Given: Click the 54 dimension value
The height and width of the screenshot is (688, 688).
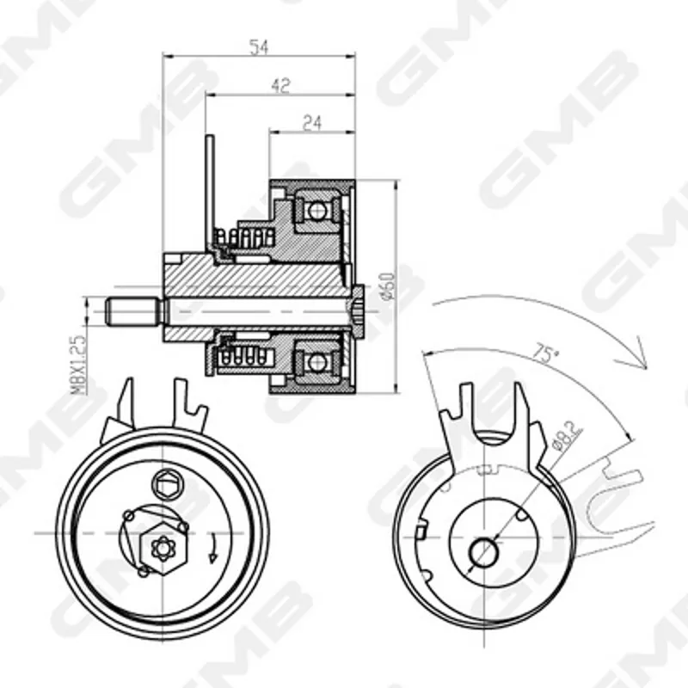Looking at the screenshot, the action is (259, 47).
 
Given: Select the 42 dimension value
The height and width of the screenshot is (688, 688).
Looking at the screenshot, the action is (280, 85).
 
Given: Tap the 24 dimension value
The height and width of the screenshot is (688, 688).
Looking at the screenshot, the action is (312, 123).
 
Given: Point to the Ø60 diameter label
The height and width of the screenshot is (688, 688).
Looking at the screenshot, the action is (388, 286).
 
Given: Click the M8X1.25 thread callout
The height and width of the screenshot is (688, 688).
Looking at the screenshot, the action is (77, 365).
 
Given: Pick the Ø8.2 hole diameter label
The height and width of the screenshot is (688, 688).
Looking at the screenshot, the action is (567, 436).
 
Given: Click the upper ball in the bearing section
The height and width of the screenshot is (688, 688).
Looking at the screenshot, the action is (316, 211).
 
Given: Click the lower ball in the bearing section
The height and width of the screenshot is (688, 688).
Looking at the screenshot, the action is (316, 362).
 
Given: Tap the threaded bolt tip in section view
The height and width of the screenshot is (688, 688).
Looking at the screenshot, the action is (132, 311).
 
